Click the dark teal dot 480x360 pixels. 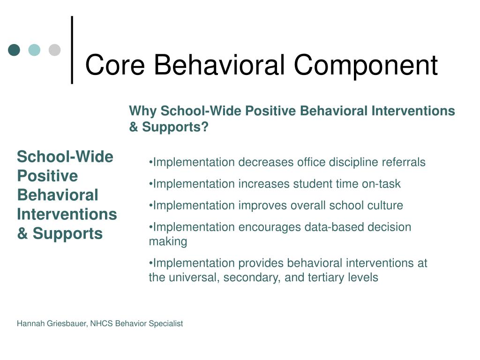(14, 50)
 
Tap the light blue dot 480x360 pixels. (34, 50)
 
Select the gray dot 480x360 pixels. (54, 50)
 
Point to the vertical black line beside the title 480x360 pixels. (72, 50)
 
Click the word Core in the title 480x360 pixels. (115, 65)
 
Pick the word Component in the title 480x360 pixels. (366, 66)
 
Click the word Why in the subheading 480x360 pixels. (142, 111)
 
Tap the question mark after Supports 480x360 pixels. (204, 127)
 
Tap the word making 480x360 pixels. (168, 241)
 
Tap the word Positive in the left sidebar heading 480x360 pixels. (47, 176)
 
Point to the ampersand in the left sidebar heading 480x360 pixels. (22, 233)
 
